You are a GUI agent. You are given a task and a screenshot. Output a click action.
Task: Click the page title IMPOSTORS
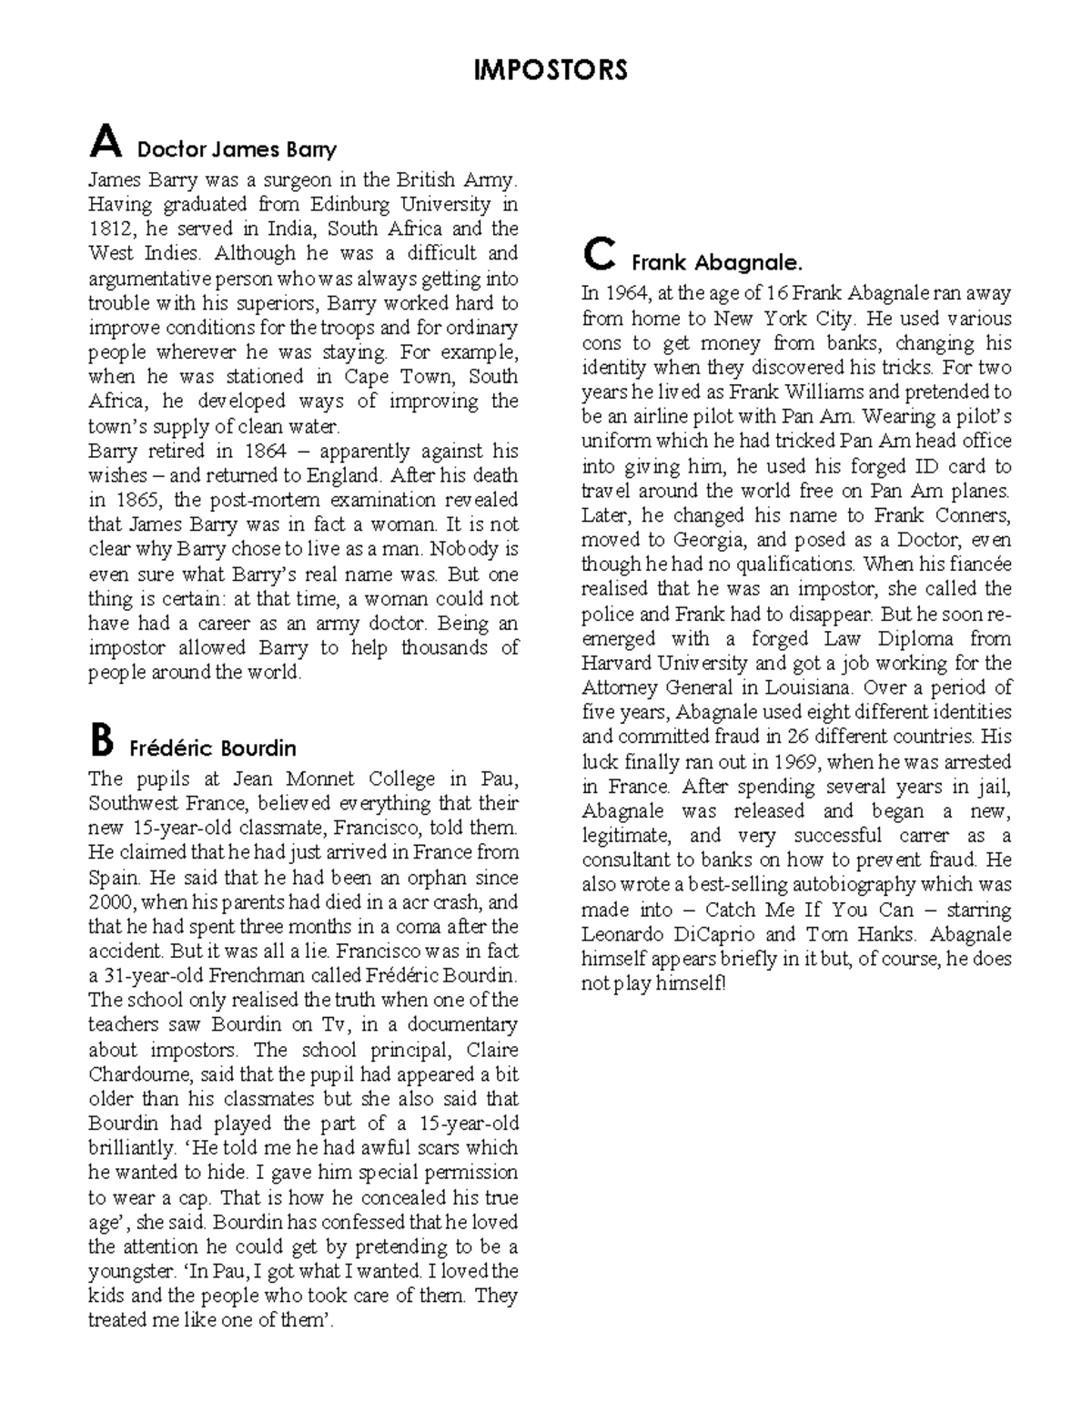point(551,70)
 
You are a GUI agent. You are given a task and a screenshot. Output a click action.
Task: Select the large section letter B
point(102,741)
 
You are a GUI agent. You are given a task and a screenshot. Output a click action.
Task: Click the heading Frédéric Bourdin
point(213,748)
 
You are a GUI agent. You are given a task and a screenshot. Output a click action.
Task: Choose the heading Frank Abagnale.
point(717,263)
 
